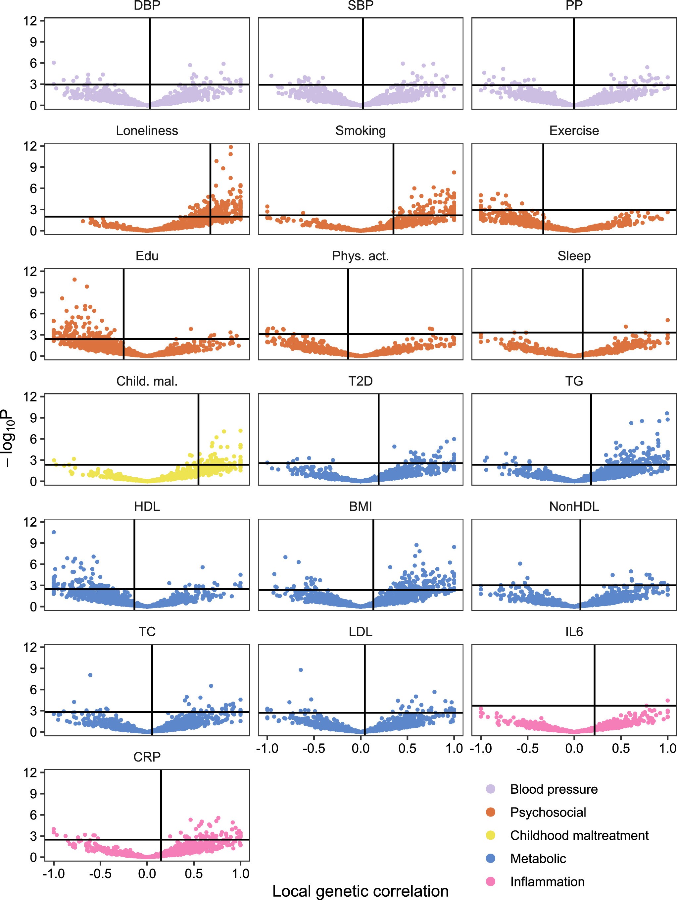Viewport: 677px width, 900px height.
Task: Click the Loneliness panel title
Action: [147, 131]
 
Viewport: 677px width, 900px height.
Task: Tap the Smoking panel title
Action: [360, 131]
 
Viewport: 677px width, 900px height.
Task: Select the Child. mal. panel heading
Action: [147, 381]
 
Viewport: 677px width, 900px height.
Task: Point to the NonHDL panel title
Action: [574, 506]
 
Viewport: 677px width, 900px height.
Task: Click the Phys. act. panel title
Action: [360, 256]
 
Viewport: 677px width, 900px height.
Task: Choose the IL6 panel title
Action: [574, 632]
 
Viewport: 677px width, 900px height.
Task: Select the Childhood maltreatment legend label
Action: [579, 835]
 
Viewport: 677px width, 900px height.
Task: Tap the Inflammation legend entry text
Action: [547, 882]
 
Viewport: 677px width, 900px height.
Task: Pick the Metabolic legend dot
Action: [491, 859]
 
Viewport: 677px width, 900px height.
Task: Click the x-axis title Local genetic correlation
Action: [360, 891]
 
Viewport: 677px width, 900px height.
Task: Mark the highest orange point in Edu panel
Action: [74, 280]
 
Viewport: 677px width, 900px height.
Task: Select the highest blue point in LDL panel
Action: [301, 670]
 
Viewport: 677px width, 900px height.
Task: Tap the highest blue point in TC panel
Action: [90, 675]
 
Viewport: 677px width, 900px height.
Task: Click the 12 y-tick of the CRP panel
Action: [30, 772]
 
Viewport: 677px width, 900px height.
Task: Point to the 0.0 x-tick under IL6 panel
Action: [574, 748]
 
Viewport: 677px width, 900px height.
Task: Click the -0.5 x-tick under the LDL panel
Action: [314, 748]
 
